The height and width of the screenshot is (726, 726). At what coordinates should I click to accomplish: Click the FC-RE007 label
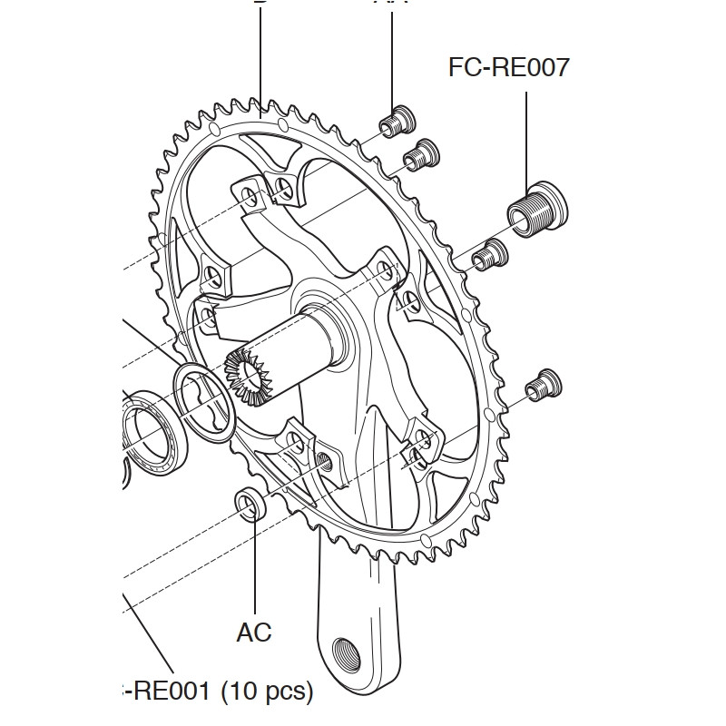[x=508, y=67]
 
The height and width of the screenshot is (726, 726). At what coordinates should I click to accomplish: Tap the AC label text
[x=254, y=632]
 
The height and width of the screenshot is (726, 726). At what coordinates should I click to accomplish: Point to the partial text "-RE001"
[x=164, y=692]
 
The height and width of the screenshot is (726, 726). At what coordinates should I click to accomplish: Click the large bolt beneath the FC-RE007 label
[x=535, y=209]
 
